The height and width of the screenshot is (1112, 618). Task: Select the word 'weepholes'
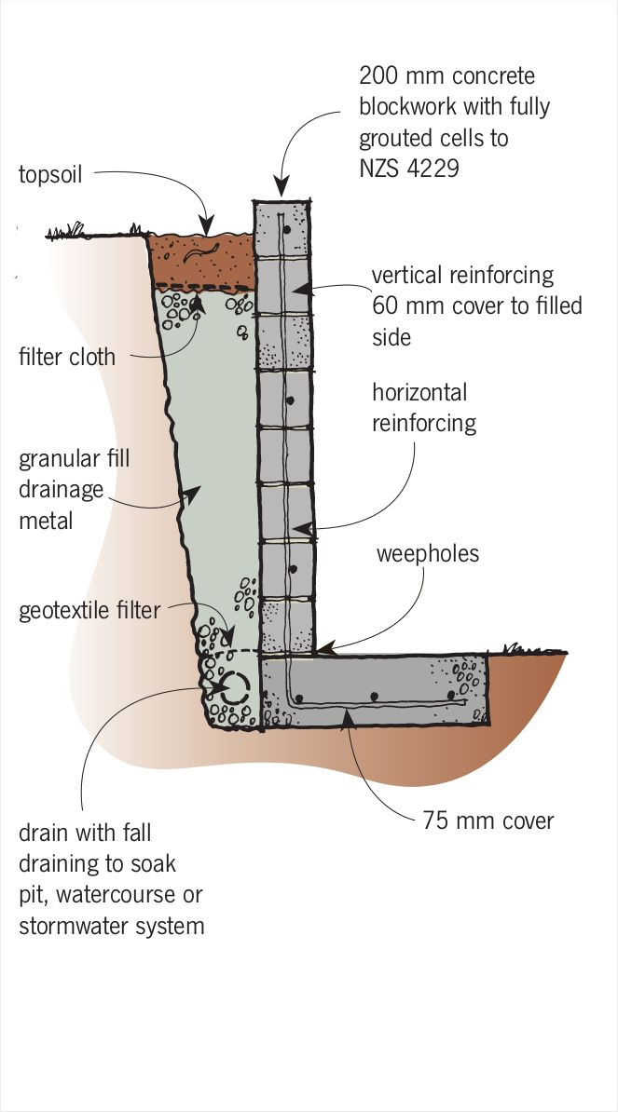point(427,554)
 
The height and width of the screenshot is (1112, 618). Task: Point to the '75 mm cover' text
point(488,820)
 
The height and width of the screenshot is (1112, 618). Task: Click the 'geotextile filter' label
point(89,611)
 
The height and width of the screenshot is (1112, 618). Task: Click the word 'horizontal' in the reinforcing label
point(419,392)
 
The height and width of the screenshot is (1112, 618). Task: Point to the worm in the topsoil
point(200,248)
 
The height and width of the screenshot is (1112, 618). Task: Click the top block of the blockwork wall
point(282,227)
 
